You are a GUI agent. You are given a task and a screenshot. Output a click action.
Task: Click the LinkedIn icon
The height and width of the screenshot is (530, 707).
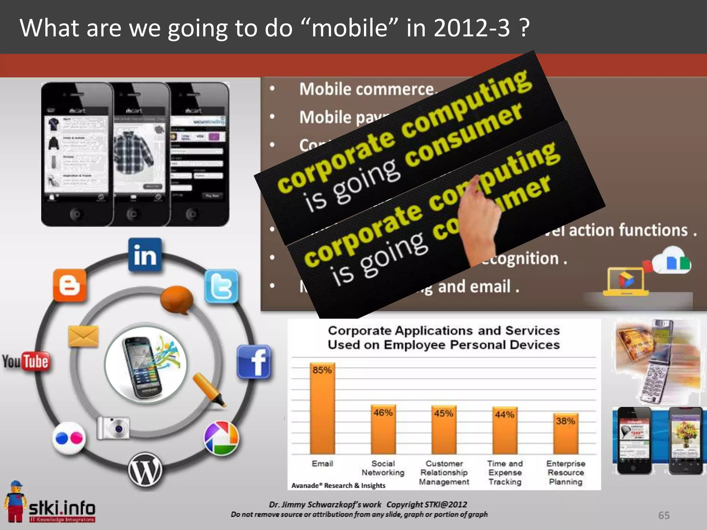(x=145, y=255)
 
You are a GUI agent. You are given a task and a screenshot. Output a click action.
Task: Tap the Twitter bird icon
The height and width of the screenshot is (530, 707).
(x=221, y=286)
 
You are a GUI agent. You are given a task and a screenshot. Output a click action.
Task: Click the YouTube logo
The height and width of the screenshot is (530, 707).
(x=26, y=362)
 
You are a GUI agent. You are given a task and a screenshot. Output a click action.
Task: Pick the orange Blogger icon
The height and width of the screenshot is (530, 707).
(x=70, y=285)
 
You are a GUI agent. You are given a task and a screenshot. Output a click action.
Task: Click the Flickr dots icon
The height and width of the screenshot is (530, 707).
(x=69, y=439)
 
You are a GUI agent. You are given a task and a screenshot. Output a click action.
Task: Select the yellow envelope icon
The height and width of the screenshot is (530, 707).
(x=83, y=336)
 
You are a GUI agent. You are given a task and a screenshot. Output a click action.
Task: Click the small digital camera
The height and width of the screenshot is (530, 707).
(x=114, y=428)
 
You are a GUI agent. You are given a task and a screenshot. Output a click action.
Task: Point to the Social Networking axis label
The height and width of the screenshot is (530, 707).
(x=383, y=468)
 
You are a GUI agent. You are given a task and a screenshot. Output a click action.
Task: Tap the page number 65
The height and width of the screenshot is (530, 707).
(x=664, y=515)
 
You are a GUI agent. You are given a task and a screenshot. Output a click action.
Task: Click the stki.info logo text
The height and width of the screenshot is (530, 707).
(x=62, y=508)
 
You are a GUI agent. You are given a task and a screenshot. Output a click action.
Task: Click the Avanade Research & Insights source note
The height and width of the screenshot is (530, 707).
(x=338, y=485)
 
